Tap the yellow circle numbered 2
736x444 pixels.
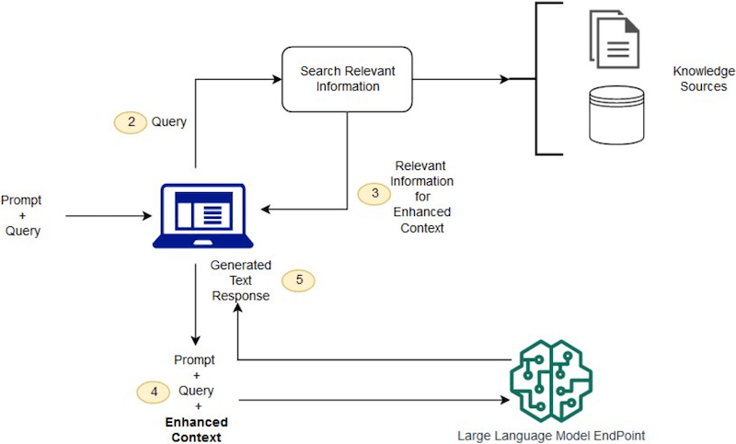[x=131, y=122]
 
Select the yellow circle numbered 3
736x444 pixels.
[x=374, y=194]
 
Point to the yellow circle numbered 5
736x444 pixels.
[x=298, y=280]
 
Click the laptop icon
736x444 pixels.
[x=205, y=216]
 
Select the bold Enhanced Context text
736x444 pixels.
[x=195, y=429]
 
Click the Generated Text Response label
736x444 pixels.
[x=240, y=280]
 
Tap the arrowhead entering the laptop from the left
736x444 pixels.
[x=146, y=217]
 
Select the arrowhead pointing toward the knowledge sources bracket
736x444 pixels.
[x=503, y=80]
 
